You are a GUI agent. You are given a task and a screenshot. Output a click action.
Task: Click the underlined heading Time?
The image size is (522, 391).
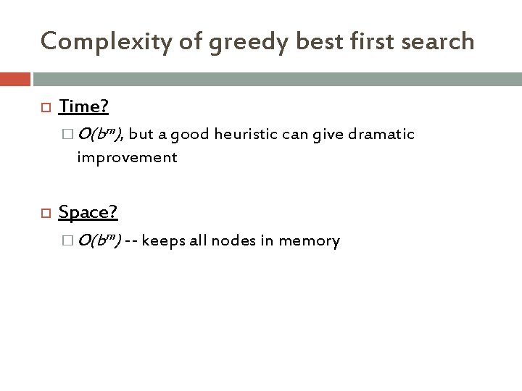[x=83, y=107]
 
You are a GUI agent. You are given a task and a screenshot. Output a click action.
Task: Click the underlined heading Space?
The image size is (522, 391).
[x=87, y=212]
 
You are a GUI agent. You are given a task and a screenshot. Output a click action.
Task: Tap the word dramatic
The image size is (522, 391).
[x=384, y=135]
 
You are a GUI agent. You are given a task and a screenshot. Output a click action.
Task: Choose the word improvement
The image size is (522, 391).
[x=127, y=156]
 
